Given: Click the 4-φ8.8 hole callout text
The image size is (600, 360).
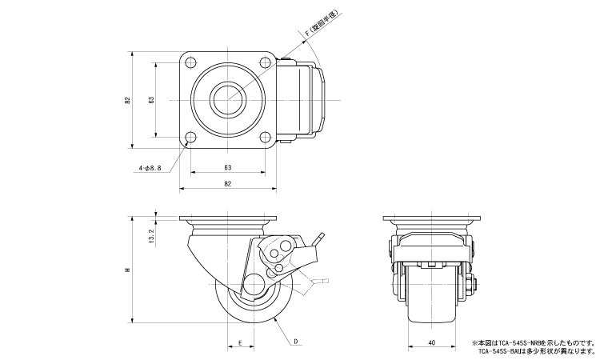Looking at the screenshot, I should click(x=150, y=168).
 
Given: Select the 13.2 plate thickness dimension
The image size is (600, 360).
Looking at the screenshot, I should click(x=151, y=235).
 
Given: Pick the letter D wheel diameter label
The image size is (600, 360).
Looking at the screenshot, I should click(x=295, y=342).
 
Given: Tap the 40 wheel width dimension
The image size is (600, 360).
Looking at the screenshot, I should click(x=432, y=343).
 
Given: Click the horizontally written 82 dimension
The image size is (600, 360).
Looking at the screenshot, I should click(x=227, y=184).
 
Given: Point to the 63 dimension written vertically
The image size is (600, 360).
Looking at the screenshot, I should click(x=151, y=101).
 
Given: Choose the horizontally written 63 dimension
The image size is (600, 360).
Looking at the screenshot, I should click(x=227, y=167).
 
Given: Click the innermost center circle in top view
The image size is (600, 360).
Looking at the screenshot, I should click(x=228, y=100).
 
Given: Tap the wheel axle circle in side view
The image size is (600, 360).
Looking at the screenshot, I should click(x=255, y=285).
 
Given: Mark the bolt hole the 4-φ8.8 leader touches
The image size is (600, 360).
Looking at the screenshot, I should click(x=190, y=138).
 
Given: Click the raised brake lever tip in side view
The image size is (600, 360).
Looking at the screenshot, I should click(x=321, y=237).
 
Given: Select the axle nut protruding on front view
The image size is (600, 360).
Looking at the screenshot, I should click(x=475, y=283).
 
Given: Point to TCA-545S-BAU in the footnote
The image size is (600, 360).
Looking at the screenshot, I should click(x=500, y=350).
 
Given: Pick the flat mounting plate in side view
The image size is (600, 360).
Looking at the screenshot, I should click(x=228, y=220).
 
